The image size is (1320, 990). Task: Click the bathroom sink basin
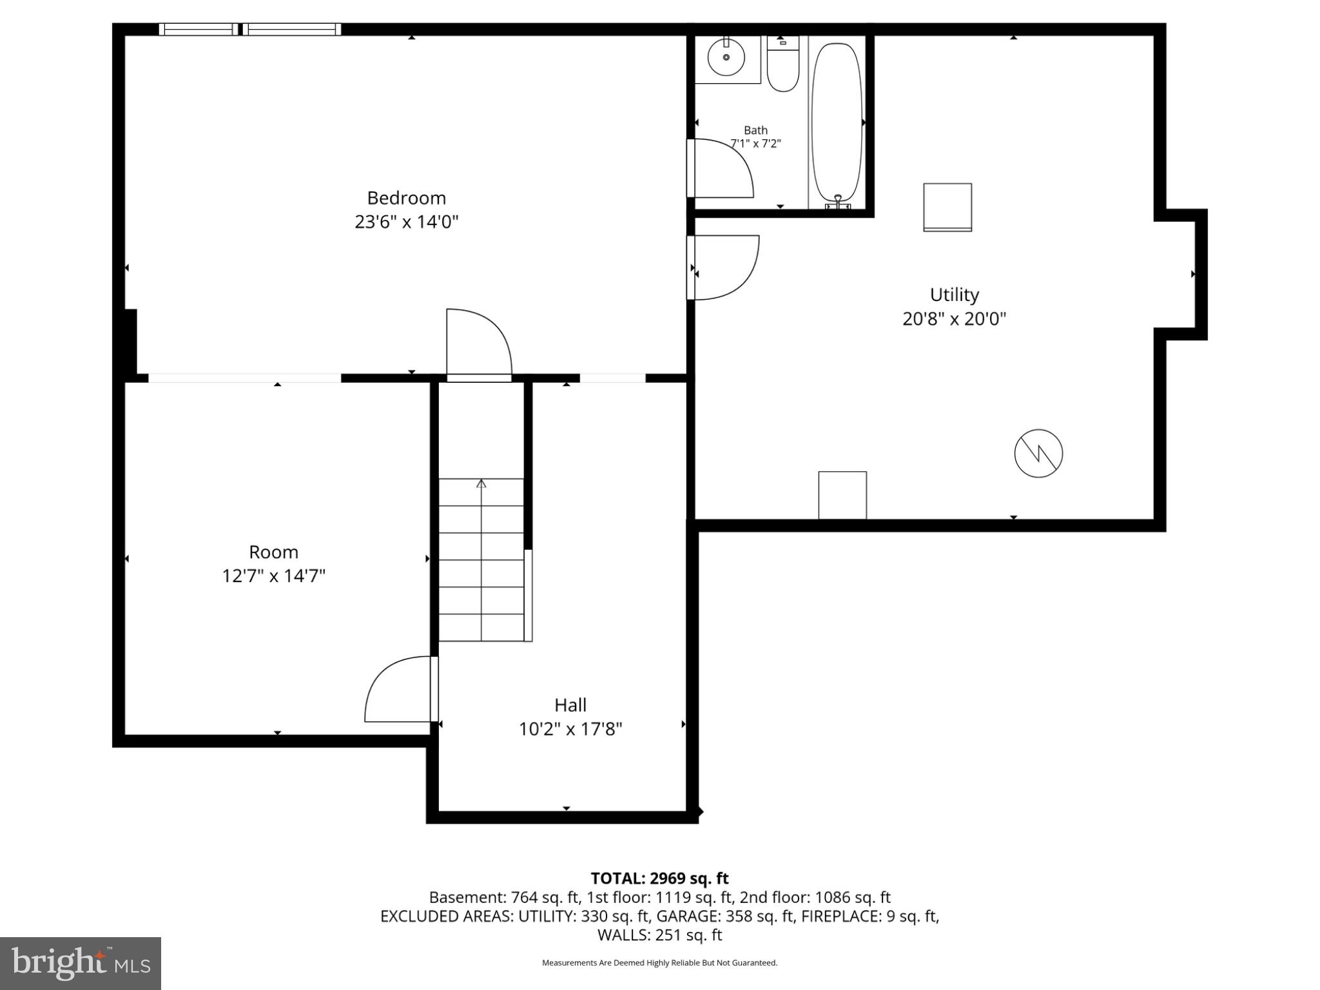(x=726, y=57)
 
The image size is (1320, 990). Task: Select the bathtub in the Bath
(x=837, y=122)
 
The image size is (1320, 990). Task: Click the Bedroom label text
(x=406, y=198)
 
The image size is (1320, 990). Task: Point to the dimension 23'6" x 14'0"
(x=406, y=222)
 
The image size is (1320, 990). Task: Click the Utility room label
(x=954, y=295)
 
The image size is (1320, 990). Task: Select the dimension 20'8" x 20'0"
(x=954, y=319)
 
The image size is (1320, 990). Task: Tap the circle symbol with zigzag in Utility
(x=1038, y=454)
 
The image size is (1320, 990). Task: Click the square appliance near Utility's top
(x=947, y=207)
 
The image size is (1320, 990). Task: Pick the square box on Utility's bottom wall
(x=842, y=495)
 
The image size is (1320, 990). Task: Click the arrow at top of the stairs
(x=481, y=483)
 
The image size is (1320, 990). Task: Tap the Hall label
(x=570, y=704)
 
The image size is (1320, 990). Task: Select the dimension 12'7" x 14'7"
(x=273, y=576)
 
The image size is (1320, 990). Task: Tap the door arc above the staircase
(x=479, y=343)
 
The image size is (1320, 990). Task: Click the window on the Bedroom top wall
(x=250, y=29)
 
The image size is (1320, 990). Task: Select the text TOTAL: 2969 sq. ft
(x=659, y=878)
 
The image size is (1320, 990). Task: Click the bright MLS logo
(x=81, y=963)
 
